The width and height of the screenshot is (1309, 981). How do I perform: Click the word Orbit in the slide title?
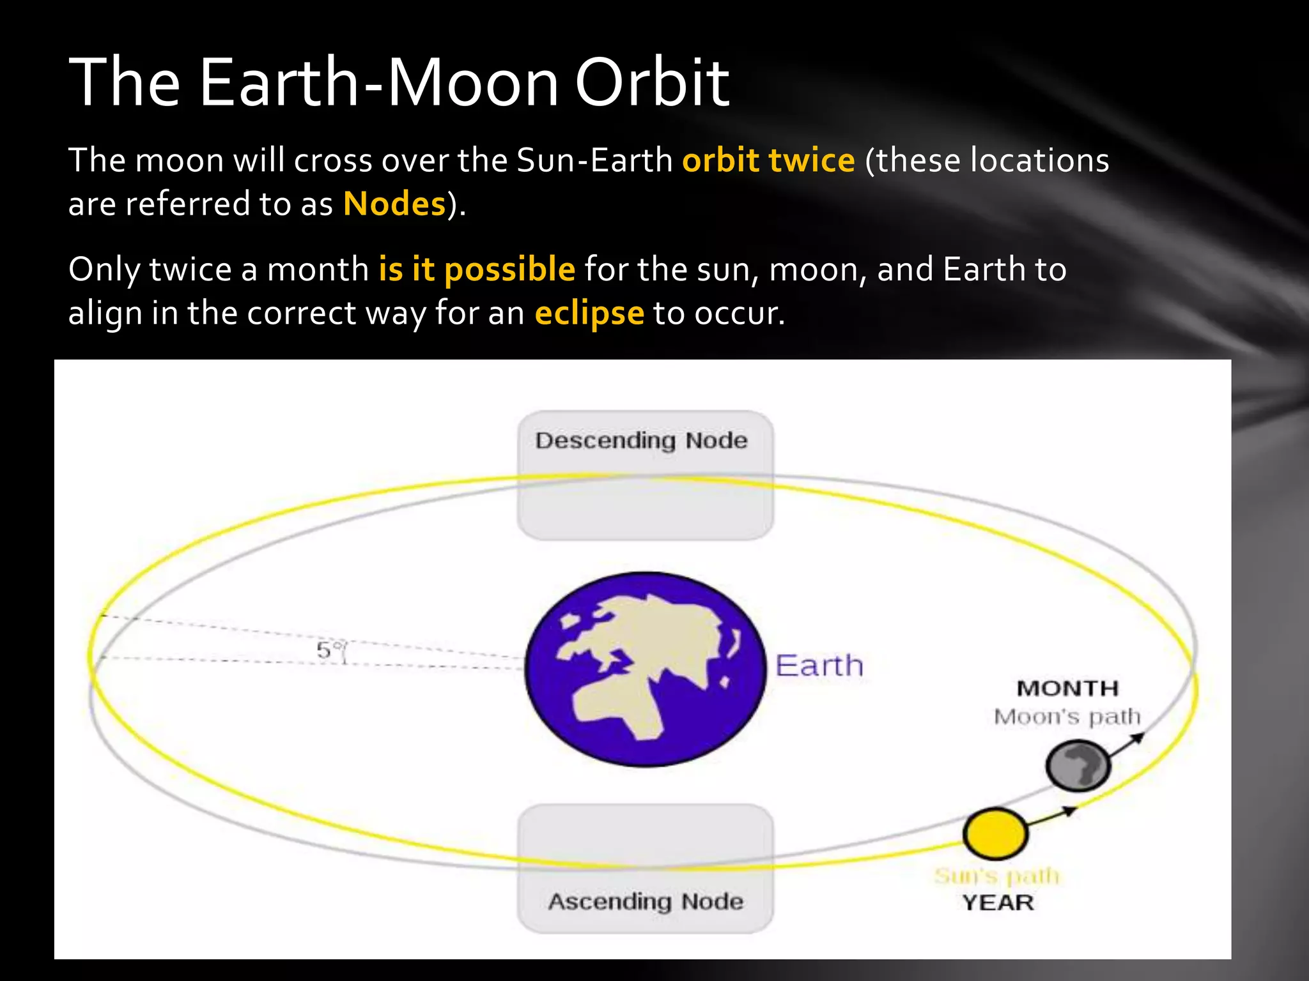point(652,83)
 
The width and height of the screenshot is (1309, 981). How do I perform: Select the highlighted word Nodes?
point(394,204)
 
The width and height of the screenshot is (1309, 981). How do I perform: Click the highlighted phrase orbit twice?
point(768,160)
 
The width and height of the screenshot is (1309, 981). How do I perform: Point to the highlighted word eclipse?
point(589,314)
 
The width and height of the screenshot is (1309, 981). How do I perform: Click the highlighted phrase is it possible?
point(477,270)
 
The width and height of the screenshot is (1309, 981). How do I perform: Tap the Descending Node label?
point(641,441)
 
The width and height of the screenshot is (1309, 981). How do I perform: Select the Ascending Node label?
point(646,901)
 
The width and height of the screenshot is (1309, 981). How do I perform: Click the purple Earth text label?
point(819,666)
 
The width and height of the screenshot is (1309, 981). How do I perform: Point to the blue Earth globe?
point(645,669)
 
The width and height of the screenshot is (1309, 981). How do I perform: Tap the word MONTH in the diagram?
point(1067,688)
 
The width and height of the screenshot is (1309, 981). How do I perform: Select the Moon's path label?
point(1067,717)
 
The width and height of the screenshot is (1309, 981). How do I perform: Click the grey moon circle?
point(1078,765)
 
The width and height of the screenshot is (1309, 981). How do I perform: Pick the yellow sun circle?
point(995,833)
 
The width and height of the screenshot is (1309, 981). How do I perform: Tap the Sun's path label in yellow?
point(997,876)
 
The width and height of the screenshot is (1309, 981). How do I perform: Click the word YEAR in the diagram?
point(998,903)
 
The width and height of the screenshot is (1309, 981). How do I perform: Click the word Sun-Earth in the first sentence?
point(594,160)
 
